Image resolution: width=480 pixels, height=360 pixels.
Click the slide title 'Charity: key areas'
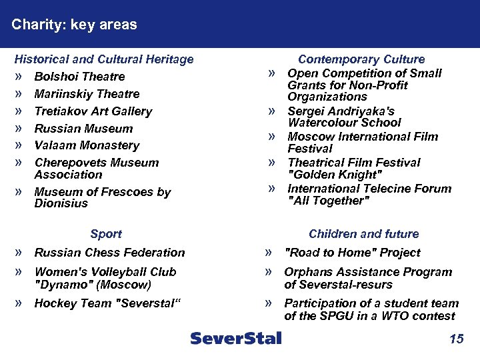(74, 25)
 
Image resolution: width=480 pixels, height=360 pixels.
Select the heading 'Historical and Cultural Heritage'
(104, 59)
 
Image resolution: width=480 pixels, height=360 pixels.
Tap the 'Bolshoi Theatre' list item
(79, 77)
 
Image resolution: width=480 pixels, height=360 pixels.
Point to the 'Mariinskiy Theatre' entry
(87, 94)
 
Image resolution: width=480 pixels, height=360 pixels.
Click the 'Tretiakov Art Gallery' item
(93, 111)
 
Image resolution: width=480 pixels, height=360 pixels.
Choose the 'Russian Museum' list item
(83, 129)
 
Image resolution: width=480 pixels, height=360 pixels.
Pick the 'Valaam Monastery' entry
(87, 145)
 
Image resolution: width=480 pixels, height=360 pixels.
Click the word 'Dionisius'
(61, 203)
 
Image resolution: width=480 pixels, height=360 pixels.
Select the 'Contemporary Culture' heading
(361, 59)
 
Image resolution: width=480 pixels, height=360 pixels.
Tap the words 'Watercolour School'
(344, 123)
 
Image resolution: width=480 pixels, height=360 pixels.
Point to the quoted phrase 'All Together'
(328, 201)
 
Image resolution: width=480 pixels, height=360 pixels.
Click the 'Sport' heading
(106, 234)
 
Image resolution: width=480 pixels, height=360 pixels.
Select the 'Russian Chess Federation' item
(109, 253)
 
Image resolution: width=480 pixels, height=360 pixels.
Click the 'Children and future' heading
(363, 234)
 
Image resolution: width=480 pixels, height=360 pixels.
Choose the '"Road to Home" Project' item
(352, 253)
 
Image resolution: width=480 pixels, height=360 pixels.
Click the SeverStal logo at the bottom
(236, 338)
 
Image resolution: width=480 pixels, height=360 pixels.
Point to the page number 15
(456, 339)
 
